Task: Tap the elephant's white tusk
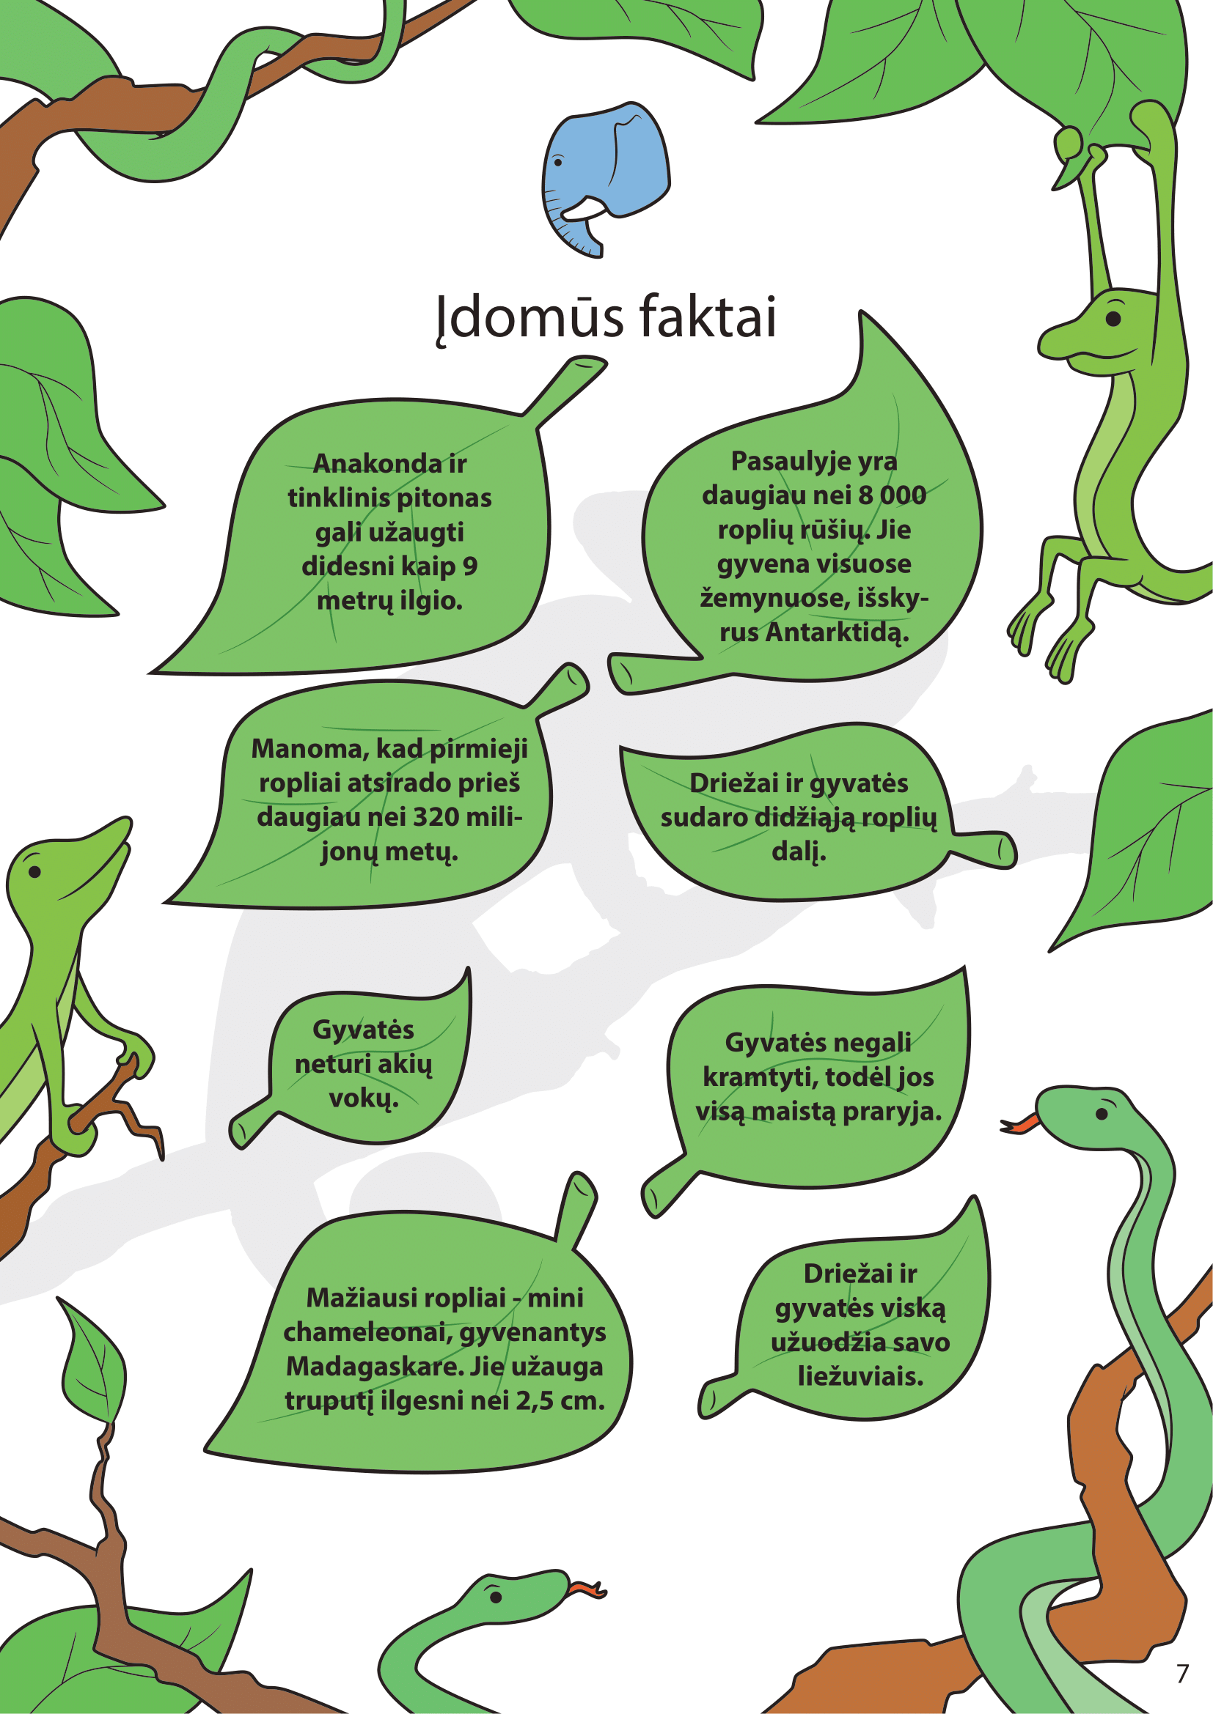[x=584, y=208]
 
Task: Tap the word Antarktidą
[x=838, y=633]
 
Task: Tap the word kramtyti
[x=758, y=1077]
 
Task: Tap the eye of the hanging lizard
[x=1114, y=319]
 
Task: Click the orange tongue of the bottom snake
[x=584, y=1589]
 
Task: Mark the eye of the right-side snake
[x=1102, y=1115]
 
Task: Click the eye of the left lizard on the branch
[x=34, y=871]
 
